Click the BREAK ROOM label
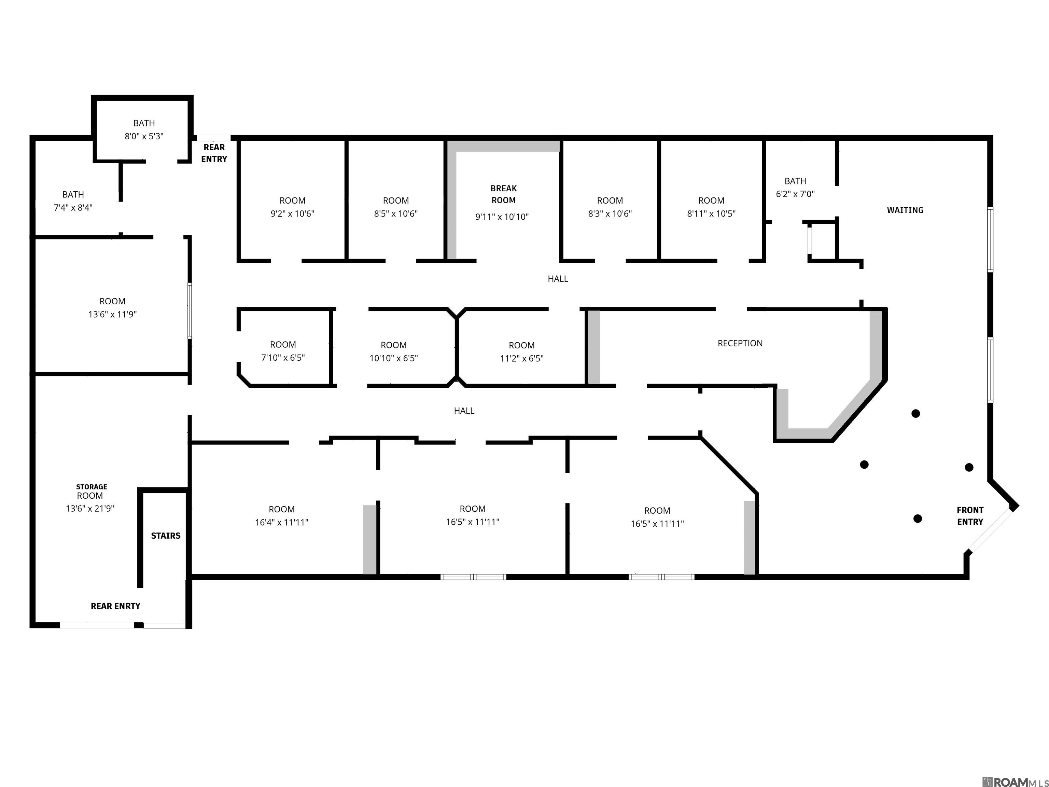pyautogui.click(x=504, y=194)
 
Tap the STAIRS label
pyautogui.click(x=166, y=536)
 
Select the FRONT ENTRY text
pyautogui.click(x=970, y=516)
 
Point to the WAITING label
pyautogui.click(x=905, y=210)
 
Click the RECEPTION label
pyautogui.click(x=740, y=343)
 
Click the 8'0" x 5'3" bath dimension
pyautogui.click(x=144, y=136)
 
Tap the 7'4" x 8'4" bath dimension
pyautogui.click(x=73, y=207)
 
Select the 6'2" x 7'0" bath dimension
pyautogui.click(x=795, y=194)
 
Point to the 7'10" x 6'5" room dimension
pyautogui.click(x=283, y=358)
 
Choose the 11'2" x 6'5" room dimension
pyautogui.click(x=522, y=359)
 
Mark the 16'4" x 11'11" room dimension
pyautogui.click(x=282, y=522)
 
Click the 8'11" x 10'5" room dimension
pyautogui.click(x=711, y=213)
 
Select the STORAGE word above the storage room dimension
pyautogui.click(x=92, y=487)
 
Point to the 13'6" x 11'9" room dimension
pyautogui.click(x=112, y=314)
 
